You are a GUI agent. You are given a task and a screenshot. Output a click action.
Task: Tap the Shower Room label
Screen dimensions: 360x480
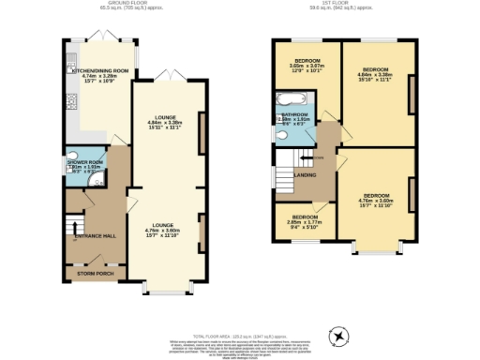[84, 162]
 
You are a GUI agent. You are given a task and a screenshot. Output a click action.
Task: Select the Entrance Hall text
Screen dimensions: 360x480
[94, 234]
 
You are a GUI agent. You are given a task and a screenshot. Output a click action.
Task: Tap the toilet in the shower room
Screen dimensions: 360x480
[73, 156]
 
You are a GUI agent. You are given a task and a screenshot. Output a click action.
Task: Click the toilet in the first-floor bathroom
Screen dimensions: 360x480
[278, 134]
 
